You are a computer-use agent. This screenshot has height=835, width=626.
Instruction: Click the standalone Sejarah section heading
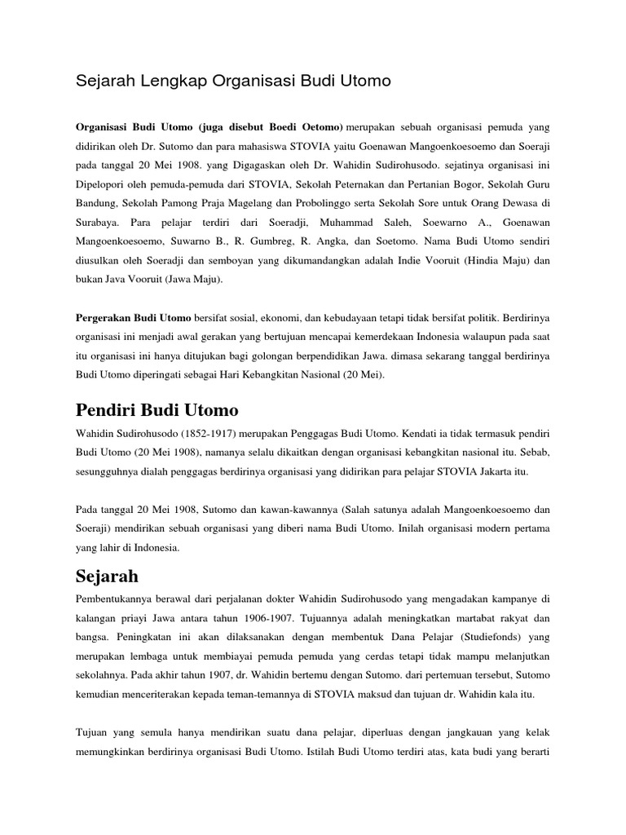click(107, 577)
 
